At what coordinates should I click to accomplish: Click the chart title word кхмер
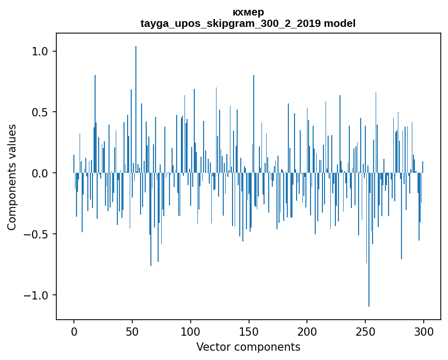tap(248, 12)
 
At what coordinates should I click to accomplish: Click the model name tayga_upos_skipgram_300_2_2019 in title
tap(230, 24)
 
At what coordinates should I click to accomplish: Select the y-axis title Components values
tap(12, 177)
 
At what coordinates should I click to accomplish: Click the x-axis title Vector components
tap(248, 347)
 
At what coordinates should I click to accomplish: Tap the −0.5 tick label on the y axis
tap(37, 234)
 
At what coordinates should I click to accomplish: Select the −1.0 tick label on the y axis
tap(37, 295)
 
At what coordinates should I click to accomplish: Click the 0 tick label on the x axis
tap(74, 331)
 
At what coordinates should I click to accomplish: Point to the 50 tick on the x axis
tap(132, 331)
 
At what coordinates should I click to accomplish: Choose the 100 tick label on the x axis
tap(191, 331)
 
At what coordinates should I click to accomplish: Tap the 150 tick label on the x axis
tap(249, 331)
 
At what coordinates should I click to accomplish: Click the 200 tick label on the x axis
tap(307, 331)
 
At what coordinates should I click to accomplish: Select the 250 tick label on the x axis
tap(366, 331)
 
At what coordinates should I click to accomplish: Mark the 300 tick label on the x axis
tap(424, 331)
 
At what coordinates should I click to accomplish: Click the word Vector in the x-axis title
tap(212, 347)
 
